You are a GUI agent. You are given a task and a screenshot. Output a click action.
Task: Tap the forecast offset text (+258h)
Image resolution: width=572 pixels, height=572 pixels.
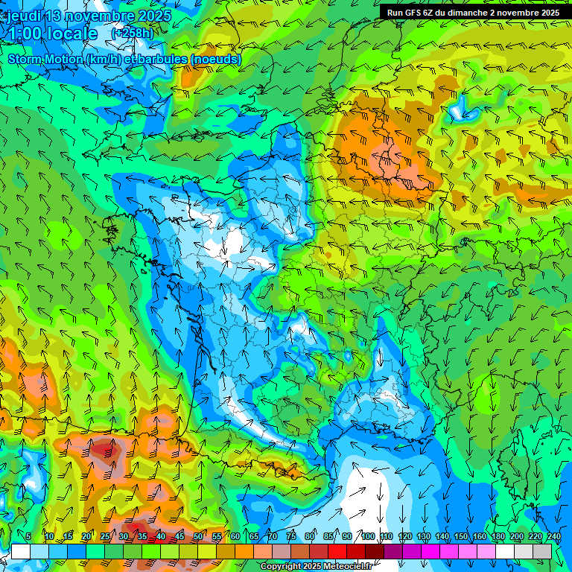(133, 33)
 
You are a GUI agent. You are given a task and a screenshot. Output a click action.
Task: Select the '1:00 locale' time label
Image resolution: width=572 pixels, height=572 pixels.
(52, 34)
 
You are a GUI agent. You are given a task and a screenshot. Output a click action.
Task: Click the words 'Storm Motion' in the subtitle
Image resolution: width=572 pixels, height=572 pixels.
(45, 59)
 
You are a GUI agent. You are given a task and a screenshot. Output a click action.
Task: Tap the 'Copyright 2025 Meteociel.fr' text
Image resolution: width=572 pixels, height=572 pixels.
(316, 567)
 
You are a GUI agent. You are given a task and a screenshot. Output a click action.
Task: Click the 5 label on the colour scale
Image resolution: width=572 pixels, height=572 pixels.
(28, 537)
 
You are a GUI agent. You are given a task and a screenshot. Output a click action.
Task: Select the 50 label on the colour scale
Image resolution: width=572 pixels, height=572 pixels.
(198, 537)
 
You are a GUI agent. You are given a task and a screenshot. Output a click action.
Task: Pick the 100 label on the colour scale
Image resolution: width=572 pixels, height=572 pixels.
(367, 537)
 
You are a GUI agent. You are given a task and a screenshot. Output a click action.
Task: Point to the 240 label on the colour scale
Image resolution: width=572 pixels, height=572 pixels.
(553, 537)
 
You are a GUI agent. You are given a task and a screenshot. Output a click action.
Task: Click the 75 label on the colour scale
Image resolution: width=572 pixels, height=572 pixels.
(291, 537)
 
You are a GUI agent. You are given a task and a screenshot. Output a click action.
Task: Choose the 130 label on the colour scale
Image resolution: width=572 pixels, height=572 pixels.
(424, 537)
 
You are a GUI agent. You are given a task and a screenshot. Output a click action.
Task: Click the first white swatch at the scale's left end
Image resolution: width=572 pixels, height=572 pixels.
(20, 551)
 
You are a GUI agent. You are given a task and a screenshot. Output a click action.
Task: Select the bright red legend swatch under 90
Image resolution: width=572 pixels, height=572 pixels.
(338, 551)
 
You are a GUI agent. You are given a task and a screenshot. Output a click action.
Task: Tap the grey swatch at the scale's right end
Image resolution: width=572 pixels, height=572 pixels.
(543, 551)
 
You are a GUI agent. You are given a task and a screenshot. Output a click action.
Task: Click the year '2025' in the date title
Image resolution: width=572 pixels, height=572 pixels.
(152, 16)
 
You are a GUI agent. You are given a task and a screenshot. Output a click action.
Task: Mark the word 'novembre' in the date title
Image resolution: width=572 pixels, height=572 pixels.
(97, 16)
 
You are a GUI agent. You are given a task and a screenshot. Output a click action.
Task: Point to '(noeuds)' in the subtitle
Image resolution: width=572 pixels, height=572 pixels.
(216, 59)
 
